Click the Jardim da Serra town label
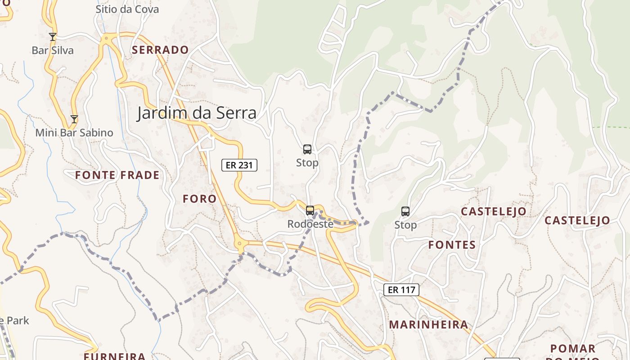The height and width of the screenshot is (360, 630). point(197,112)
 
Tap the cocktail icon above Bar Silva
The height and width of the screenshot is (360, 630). point(53,36)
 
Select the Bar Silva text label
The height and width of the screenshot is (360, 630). point(53,50)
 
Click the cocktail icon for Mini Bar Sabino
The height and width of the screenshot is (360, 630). point(74,119)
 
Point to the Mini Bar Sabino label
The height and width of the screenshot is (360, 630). point(74,133)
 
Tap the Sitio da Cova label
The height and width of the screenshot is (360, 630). point(127,9)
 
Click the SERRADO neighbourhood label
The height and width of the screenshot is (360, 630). point(160,50)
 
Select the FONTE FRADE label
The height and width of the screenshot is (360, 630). point(117,175)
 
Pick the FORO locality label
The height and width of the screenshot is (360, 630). point(199,198)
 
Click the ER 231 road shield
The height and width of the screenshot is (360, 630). point(239,165)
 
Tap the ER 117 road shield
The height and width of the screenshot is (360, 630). point(401,290)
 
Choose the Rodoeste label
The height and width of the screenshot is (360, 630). point(310,224)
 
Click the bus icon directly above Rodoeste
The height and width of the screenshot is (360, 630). point(310,210)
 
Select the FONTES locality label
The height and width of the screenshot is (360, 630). point(452,245)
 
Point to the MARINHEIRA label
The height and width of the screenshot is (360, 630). point(428,324)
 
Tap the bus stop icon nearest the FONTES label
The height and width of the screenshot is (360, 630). point(405,211)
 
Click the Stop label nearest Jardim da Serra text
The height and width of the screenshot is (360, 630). point(307,163)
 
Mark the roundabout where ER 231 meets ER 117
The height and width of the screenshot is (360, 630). point(240,244)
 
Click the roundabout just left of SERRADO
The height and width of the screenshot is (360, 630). point(106,39)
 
